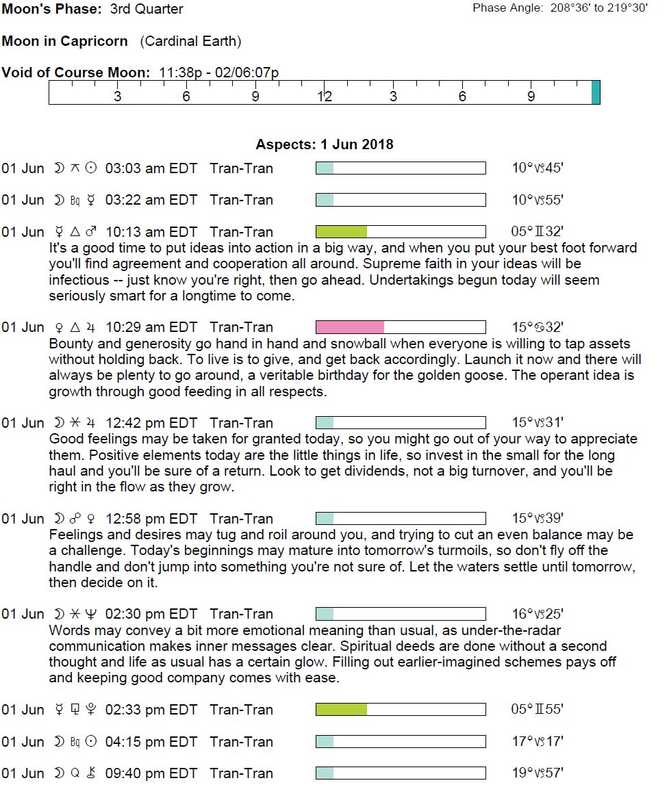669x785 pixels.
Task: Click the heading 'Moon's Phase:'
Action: click(x=52, y=10)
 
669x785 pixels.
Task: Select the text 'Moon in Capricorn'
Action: click(x=65, y=41)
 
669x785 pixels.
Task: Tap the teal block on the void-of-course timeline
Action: click(x=596, y=92)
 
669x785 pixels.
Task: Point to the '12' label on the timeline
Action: click(x=325, y=96)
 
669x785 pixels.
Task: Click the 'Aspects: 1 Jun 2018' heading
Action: click(x=325, y=144)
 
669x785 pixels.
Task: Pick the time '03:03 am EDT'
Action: click(x=151, y=168)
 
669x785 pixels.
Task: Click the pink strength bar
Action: click(x=350, y=327)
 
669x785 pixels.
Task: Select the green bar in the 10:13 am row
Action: click(x=342, y=232)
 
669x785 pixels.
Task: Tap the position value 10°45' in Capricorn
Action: click(x=538, y=168)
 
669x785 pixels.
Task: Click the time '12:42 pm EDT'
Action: click(x=151, y=423)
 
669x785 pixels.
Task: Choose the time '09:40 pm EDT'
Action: click(x=151, y=773)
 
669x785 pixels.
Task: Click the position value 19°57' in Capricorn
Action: click(x=538, y=773)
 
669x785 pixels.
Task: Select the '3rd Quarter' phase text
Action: click(x=147, y=10)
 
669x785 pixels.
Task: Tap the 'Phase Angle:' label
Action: click(x=508, y=8)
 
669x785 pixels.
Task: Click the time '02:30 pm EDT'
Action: click(x=151, y=614)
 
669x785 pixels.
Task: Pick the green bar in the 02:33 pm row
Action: click(x=342, y=710)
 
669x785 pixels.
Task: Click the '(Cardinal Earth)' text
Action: click(x=190, y=41)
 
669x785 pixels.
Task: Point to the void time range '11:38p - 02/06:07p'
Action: click(x=218, y=73)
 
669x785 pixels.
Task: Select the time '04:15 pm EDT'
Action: click(x=151, y=742)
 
